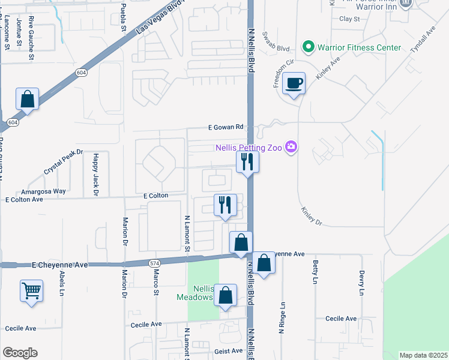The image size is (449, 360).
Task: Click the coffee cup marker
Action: pyautogui.click(x=294, y=83)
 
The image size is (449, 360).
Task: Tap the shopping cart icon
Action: pyautogui.click(x=31, y=292)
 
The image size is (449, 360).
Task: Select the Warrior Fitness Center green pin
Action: pyautogui.click(x=309, y=46)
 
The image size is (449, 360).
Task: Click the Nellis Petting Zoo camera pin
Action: pyautogui.click(x=292, y=147)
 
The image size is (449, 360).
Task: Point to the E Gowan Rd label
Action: pyautogui.click(x=226, y=127)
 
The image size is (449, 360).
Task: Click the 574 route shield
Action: pyautogui.click(x=154, y=263)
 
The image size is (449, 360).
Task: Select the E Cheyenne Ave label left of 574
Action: pyautogui.click(x=60, y=265)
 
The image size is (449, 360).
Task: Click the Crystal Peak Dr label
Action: pyautogui.click(x=63, y=162)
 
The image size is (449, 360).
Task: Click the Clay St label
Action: pyautogui.click(x=349, y=19)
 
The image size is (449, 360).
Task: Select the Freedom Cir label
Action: pyautogui.click(x=282, y=73)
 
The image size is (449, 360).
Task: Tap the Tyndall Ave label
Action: pyautogui.click(x=423, y=41)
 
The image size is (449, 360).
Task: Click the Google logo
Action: pyautogui.click(x=20, y=353)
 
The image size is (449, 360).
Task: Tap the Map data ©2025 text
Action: pyautogui.click(x=423, y=355)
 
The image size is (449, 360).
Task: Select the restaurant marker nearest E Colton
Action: pyautogui.click(x=225, y=205)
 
